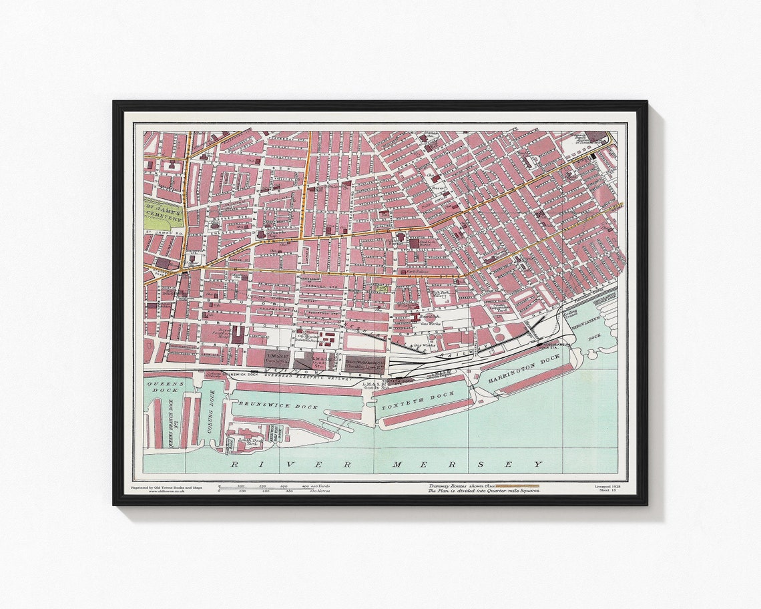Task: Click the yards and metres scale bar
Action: pos(274,488)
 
